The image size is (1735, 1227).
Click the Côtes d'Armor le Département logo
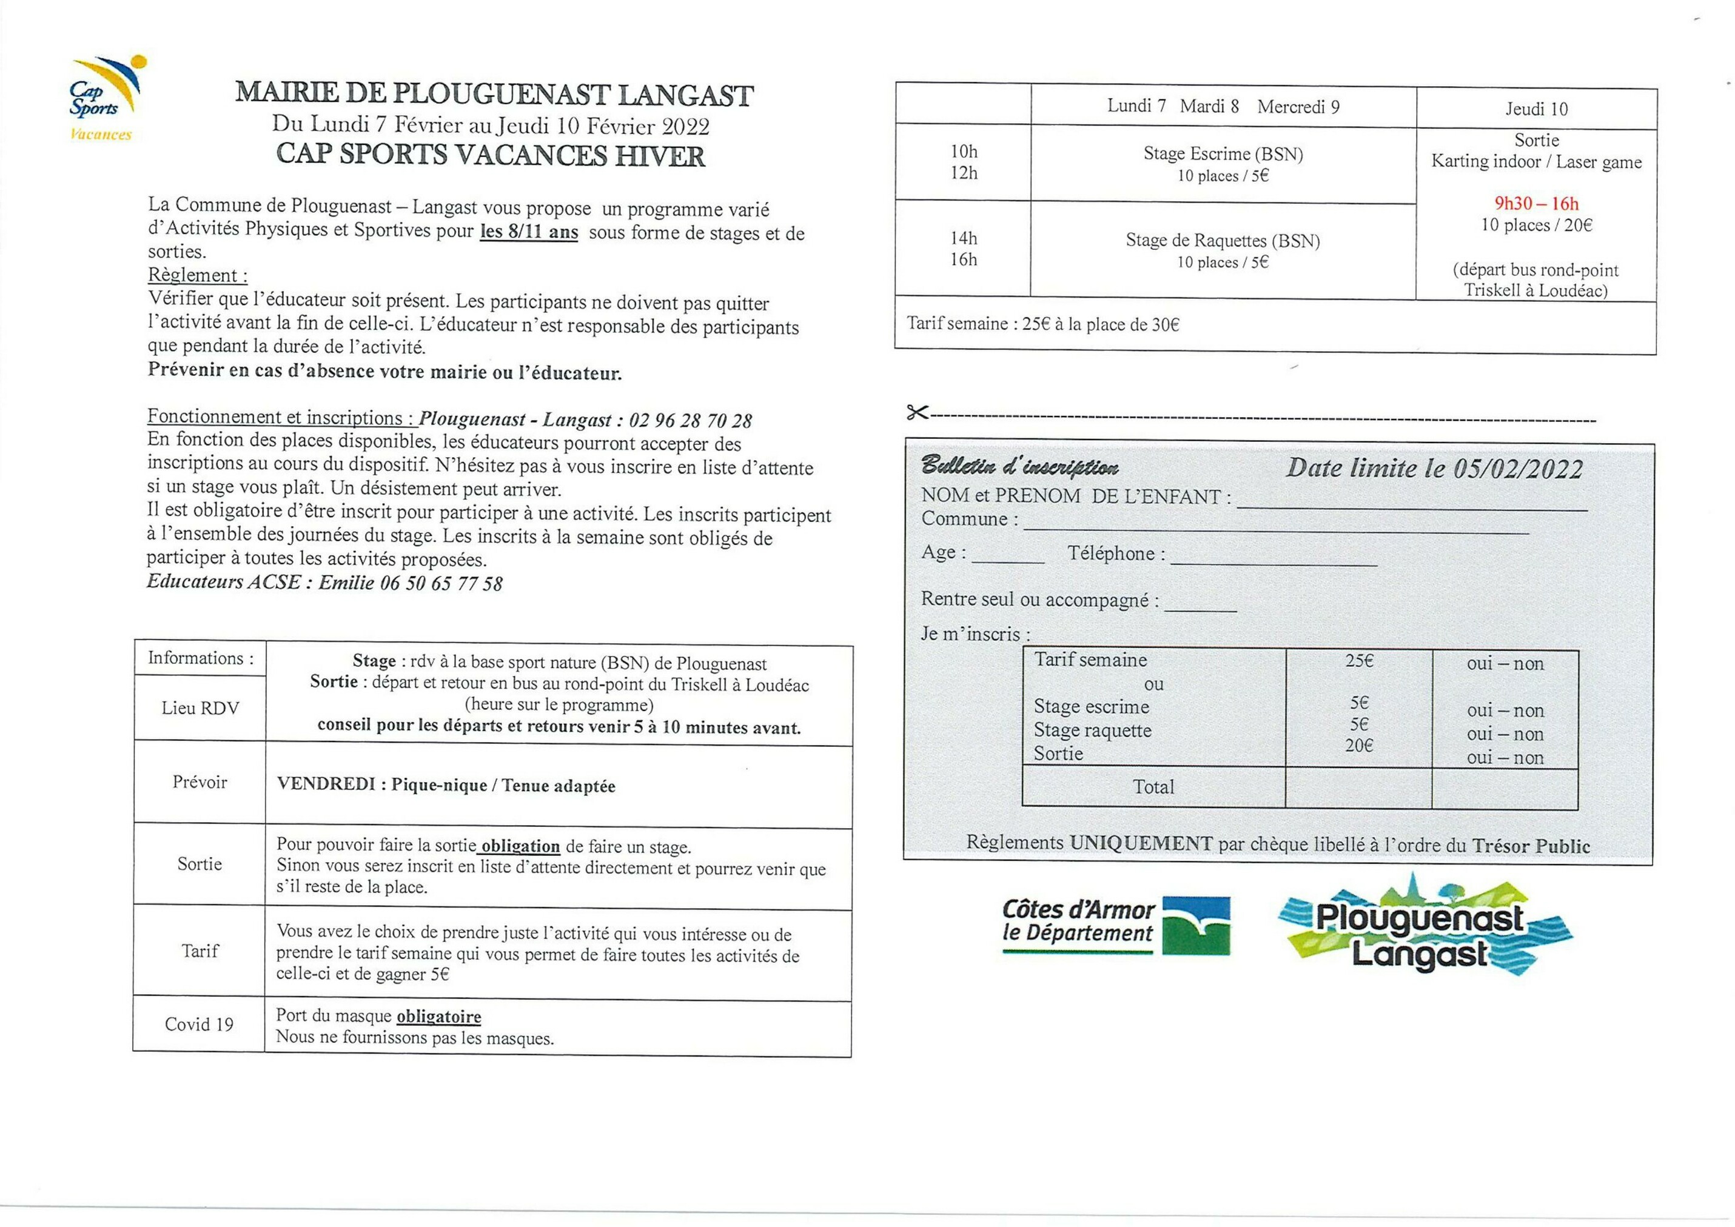[x=1115, y=926]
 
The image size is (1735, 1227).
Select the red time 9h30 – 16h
[x=1536, y=203]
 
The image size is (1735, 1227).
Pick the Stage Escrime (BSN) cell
[x=1223, y=163]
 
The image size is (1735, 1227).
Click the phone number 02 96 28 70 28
[x=690, y=420]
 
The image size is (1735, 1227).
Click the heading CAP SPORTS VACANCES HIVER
[x=491, y=155]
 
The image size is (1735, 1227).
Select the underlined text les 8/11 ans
[x=529, y=232]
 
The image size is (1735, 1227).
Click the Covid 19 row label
[x=199, y=1025]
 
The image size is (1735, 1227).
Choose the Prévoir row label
[x=200, y=782]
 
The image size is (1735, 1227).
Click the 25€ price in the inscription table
[x=1358, y=660]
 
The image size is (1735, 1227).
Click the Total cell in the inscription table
[x=1153, y=787]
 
